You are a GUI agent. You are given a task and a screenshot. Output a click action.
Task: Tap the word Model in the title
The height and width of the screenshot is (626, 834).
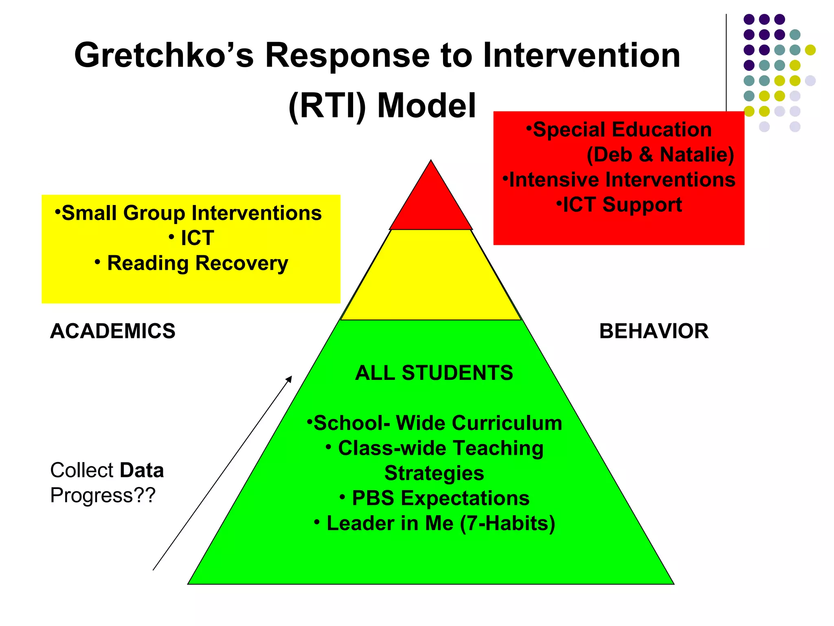coord(426,106)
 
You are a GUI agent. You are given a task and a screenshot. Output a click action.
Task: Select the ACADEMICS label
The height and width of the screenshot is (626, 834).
coord(113,331)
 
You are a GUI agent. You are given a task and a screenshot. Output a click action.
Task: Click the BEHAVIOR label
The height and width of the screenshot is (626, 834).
coord(654,331)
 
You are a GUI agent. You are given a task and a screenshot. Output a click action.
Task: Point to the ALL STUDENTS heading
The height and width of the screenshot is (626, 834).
coord(434,373)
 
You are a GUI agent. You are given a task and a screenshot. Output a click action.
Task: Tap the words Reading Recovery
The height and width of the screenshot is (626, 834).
coord(198,263)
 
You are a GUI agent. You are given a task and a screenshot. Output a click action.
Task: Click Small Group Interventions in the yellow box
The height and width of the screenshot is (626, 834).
coord(191,213)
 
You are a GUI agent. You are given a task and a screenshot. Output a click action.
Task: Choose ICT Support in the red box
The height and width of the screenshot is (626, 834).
coord(622,205)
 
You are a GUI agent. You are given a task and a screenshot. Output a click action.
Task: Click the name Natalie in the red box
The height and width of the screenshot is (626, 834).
coord(697,155)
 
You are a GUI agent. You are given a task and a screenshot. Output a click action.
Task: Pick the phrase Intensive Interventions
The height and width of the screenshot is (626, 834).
coord(622,180)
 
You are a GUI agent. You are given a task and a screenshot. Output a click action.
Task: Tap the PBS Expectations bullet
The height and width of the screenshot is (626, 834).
coord(440,498)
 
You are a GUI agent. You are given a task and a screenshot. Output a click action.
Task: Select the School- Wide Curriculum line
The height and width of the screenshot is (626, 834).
coord(438,423)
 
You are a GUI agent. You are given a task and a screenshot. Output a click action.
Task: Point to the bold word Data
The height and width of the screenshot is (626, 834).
coord(142,470)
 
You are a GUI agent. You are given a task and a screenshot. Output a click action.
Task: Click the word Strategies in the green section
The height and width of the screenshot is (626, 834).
coord(434,473)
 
